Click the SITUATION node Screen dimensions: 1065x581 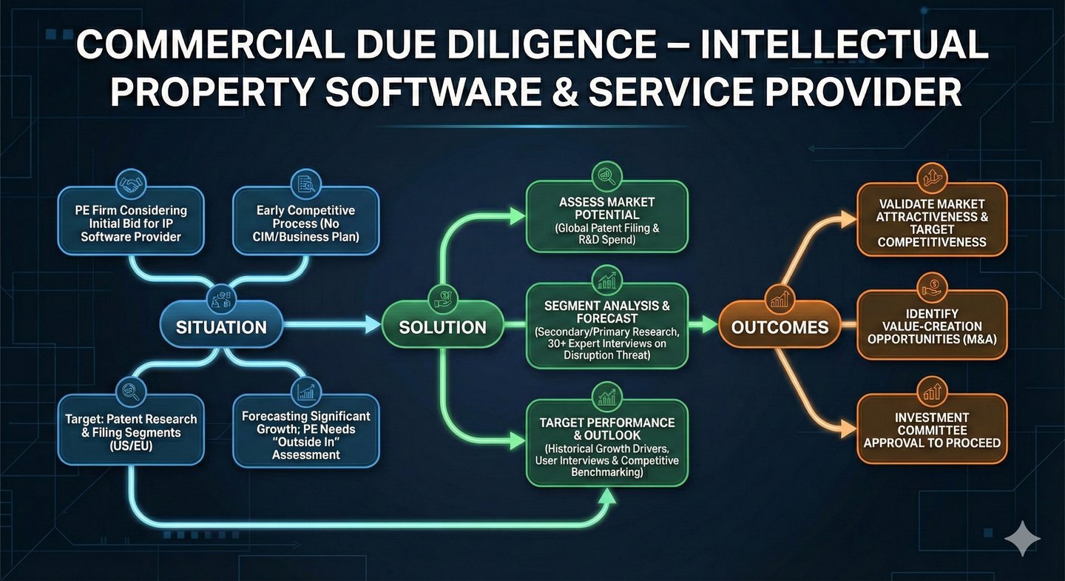coord(221,326)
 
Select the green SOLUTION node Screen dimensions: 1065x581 coord(442,326)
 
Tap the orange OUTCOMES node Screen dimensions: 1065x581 coord(780,326)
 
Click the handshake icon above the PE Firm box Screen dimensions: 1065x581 coord(132,184)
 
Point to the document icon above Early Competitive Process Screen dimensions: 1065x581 coord(305,184)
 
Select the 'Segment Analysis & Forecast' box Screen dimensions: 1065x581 coord(607,326)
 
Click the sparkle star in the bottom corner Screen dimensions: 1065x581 coord(1022,538)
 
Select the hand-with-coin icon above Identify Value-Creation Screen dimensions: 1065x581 coord(931,285)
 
